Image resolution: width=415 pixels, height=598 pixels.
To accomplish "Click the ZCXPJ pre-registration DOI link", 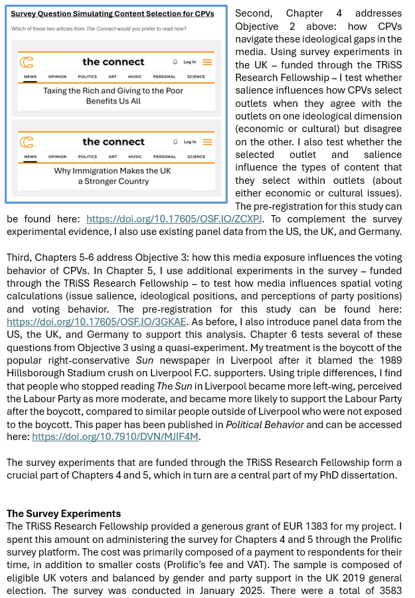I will point(175,218).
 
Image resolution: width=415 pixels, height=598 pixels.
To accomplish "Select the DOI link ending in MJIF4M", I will point(116,437).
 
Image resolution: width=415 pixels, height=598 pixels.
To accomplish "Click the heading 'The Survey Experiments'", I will point(64,513).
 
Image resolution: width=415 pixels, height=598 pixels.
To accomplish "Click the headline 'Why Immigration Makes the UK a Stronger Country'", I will point(114,175).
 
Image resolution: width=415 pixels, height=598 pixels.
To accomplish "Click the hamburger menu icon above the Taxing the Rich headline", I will point(207,62).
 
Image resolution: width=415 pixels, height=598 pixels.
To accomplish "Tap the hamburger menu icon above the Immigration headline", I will point(207,141).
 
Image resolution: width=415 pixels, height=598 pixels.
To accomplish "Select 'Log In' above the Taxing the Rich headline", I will point(190,62).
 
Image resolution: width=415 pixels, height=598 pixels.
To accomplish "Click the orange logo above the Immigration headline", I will point(27,141).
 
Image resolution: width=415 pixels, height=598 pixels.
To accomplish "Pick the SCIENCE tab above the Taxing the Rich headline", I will point(196,77).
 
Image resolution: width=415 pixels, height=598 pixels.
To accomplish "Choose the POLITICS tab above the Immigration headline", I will point(87,157).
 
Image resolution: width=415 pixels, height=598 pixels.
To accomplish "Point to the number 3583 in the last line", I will point(389,590).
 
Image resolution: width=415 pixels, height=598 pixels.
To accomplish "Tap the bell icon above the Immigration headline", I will point(175,141).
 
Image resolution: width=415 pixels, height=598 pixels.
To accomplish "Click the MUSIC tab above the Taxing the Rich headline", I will point(135,77).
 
